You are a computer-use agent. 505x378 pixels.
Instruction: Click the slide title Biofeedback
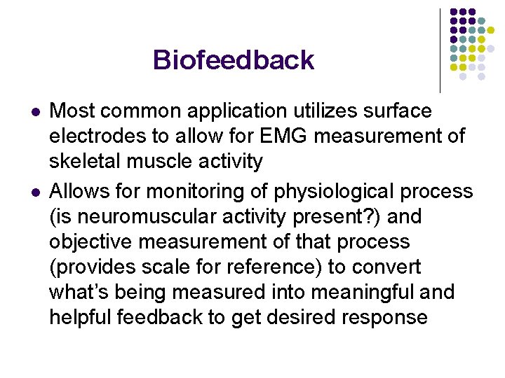[233, 60]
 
